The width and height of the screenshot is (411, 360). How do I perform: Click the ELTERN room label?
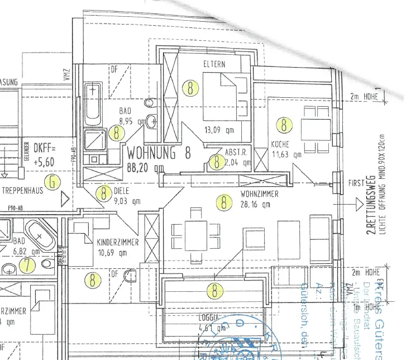(x=214, y=64)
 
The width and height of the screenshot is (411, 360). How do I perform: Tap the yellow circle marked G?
(x=52, y=182)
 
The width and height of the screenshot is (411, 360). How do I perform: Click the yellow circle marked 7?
(x=26, y=264)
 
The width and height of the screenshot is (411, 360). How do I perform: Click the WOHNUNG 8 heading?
(x=159, y=152)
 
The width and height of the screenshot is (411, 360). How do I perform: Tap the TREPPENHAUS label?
(x=23, y=190)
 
